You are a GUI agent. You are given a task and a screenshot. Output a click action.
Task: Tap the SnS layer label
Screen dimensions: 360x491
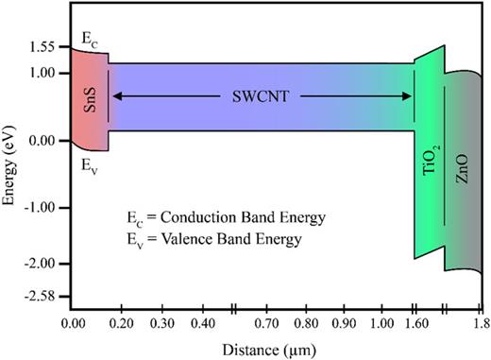pos(92,97)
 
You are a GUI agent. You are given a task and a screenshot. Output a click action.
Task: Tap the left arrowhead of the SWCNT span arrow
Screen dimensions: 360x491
pos(116,95)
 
